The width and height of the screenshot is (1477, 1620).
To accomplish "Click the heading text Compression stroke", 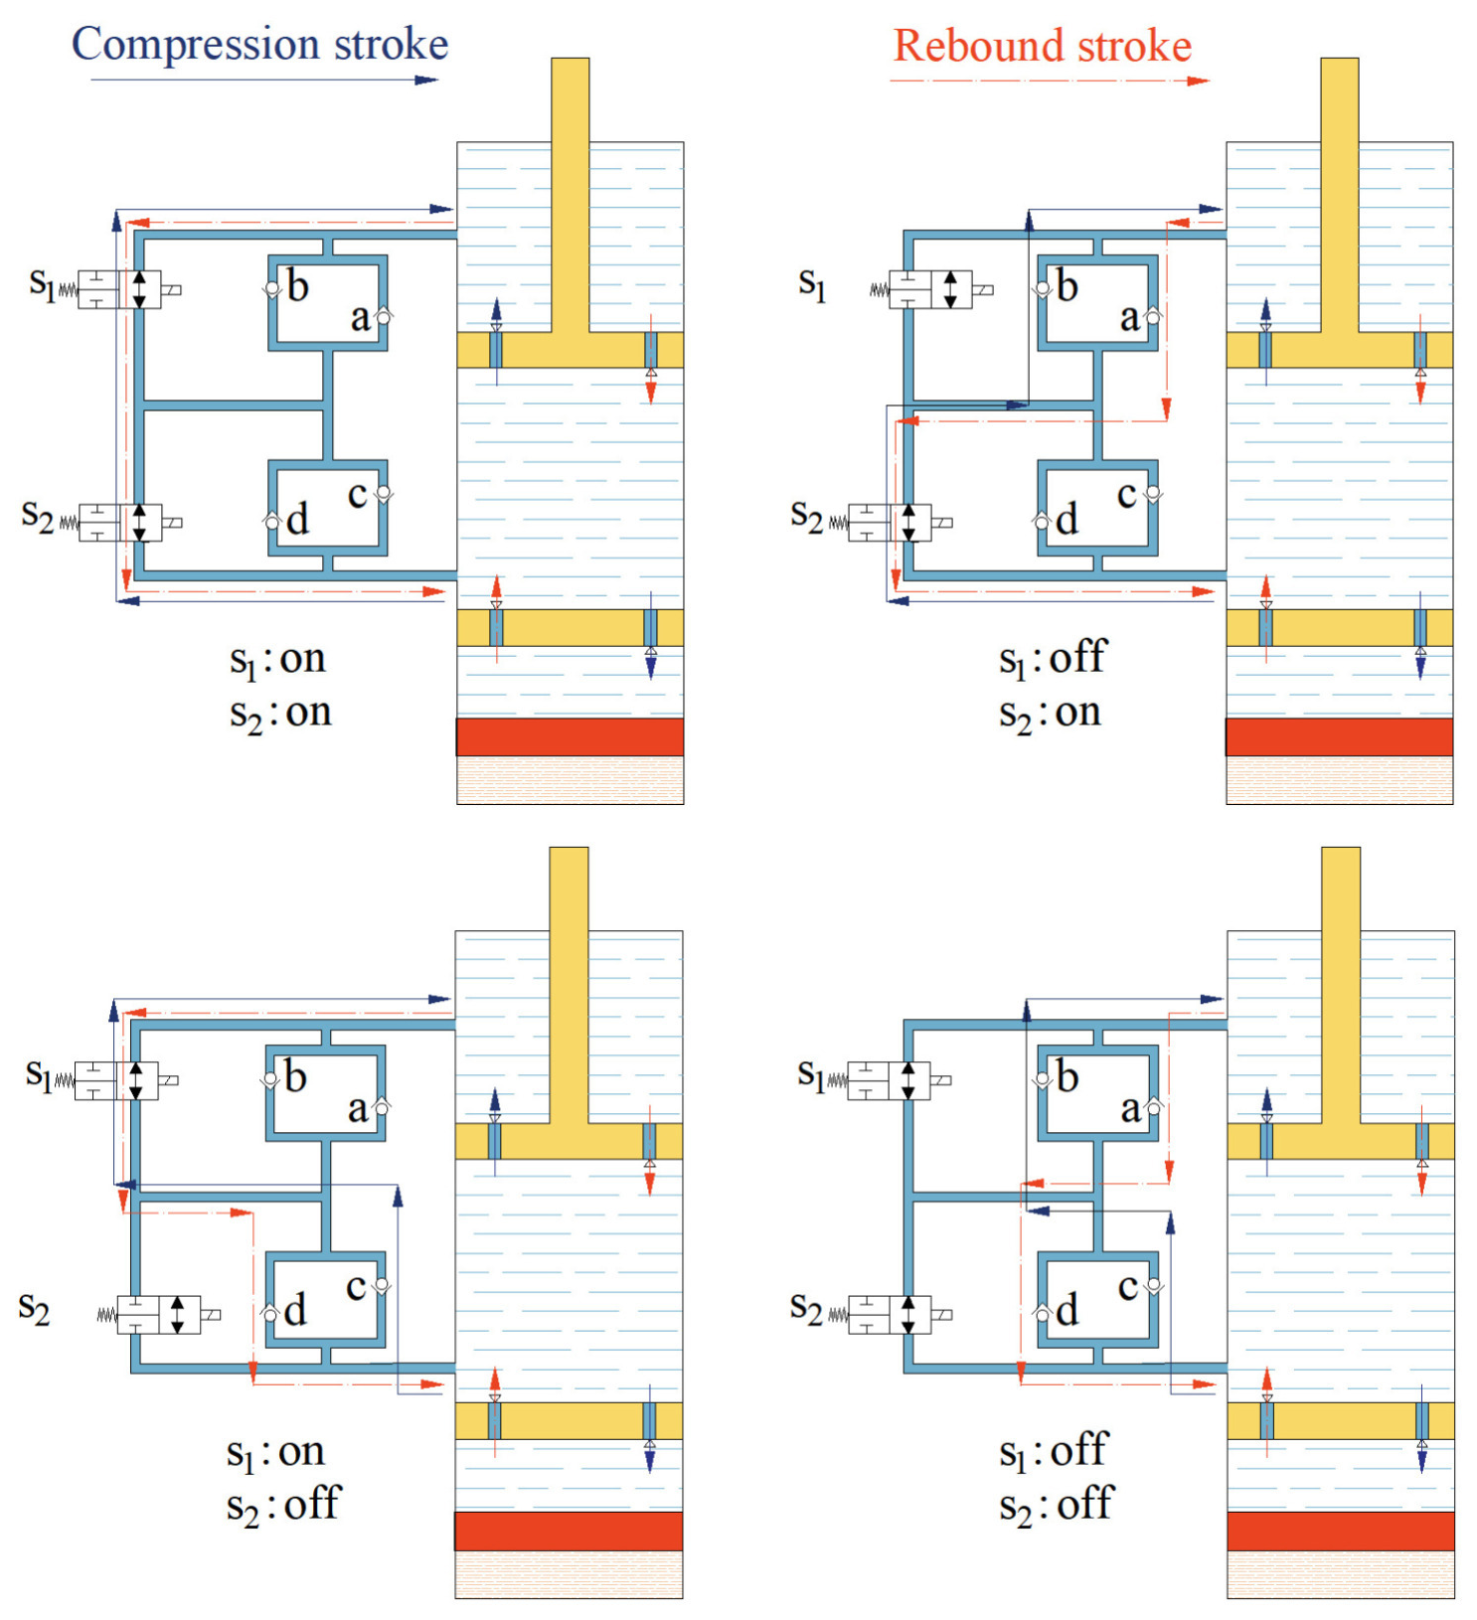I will (x=259, y=45).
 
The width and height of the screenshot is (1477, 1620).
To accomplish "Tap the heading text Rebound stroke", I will (x=1042, y=46).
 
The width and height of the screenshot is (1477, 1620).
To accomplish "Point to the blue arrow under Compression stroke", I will (x=263, y=80).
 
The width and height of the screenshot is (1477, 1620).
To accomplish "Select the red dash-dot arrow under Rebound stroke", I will (x=1049, y=81).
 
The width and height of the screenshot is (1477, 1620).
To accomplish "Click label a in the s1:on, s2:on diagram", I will (x=360, y=318).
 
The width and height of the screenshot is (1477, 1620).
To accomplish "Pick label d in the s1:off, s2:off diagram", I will (x=1067, y=1311).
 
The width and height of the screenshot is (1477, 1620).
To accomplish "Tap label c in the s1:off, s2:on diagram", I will (x=1126, y=494).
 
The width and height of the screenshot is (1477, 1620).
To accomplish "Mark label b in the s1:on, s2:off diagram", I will (x=295, y=1077).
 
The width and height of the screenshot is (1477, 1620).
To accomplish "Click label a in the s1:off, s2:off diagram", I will (x=1130, y=1109).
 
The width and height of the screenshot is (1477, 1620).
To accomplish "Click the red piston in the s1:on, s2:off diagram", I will (x=569, y=1531).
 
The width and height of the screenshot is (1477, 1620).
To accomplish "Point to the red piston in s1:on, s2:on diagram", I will (x=570, y=736).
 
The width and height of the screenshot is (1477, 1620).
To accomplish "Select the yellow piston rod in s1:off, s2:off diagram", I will (x=1341, y=984).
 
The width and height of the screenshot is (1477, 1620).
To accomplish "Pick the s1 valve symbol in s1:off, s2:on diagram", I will (x=930, y=289).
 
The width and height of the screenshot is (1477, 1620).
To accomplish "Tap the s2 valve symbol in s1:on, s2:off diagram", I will (x=159, y=1315).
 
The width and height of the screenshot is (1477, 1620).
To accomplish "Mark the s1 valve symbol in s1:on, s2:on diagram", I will (x=119, y=289).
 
